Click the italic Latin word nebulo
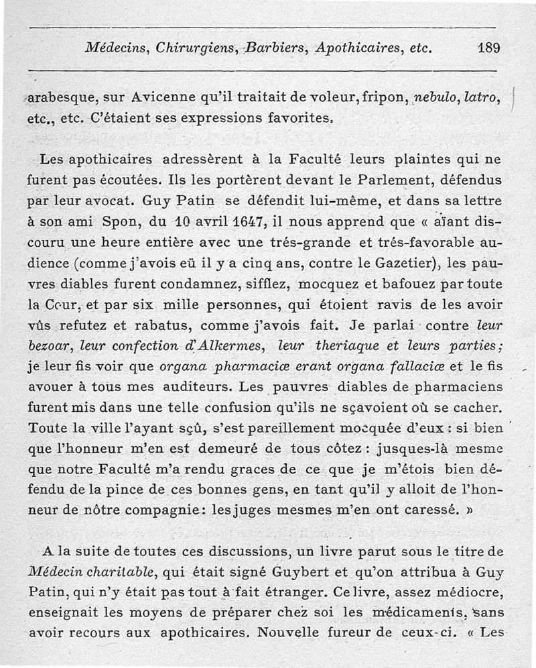click(435, 97)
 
